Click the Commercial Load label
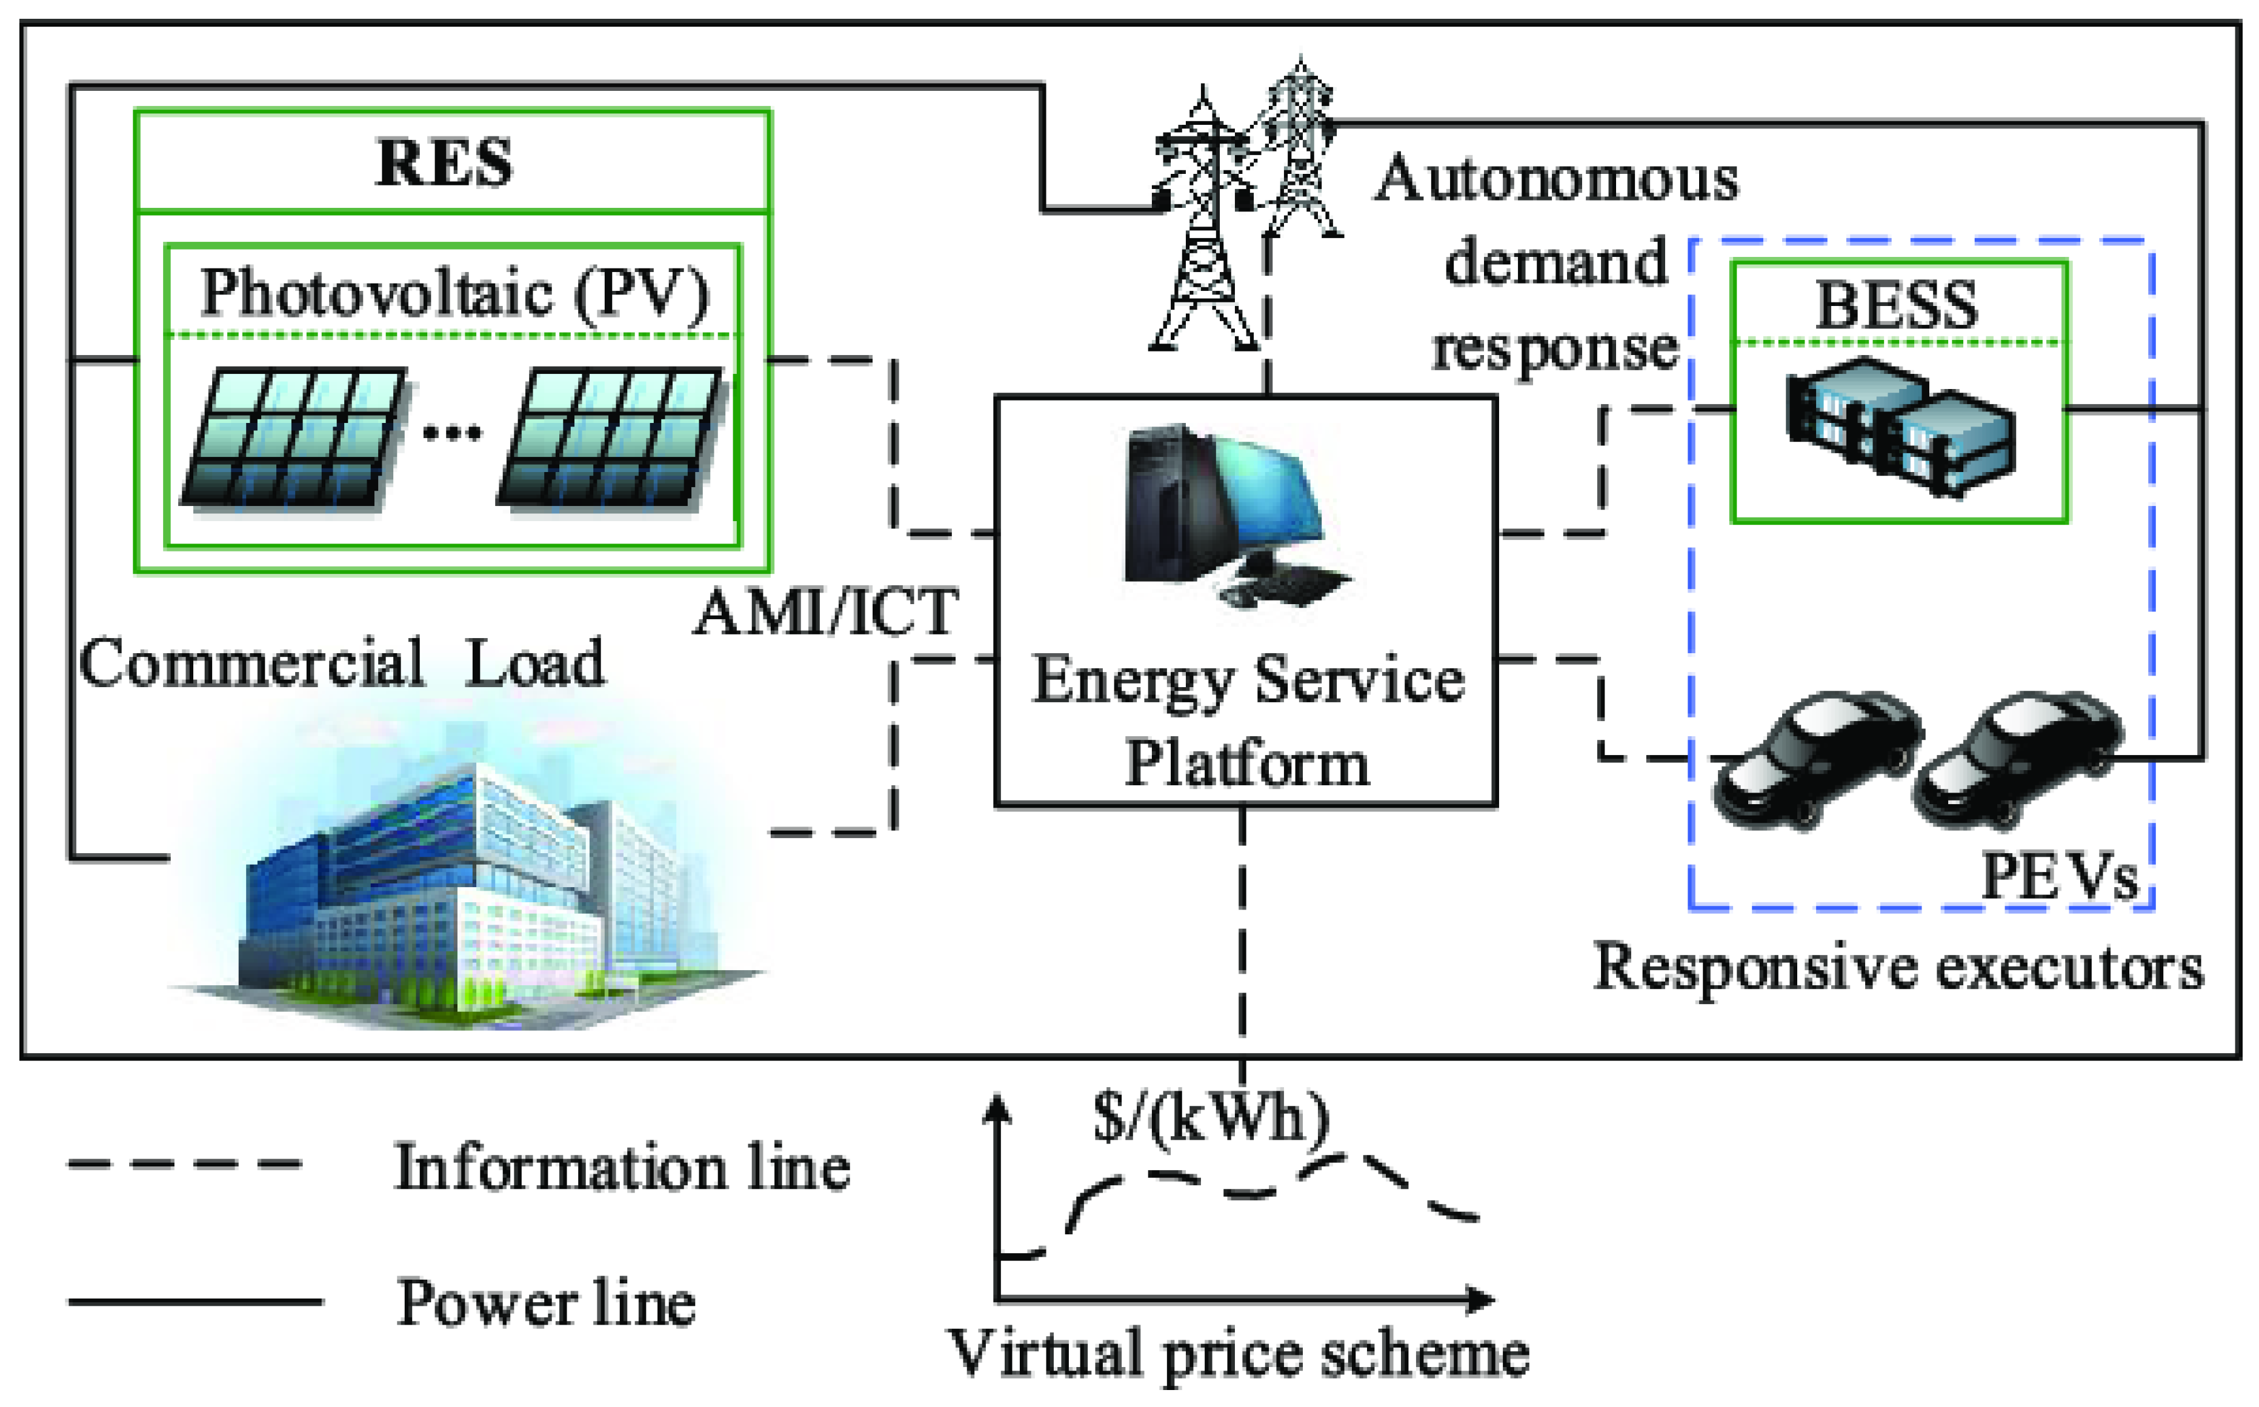click(x=342, y=662)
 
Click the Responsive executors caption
click(x=1898, y=968)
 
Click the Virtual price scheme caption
click(x=1237, y=1354)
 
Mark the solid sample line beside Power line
click(x=195, y=1302)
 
